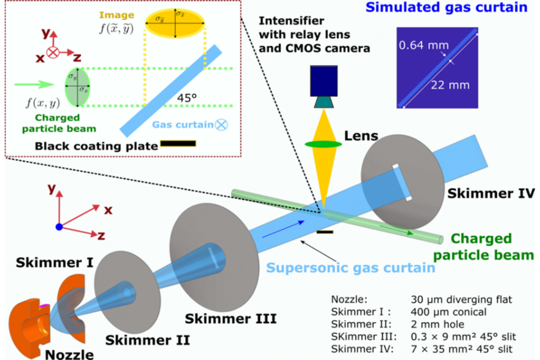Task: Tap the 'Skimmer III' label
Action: pos(230,319)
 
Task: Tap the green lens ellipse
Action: pos(324,144)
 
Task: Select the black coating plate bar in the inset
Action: pos(178,144)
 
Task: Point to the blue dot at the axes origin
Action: pos(59,227)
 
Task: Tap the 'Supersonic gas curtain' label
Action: pos(351,268)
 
